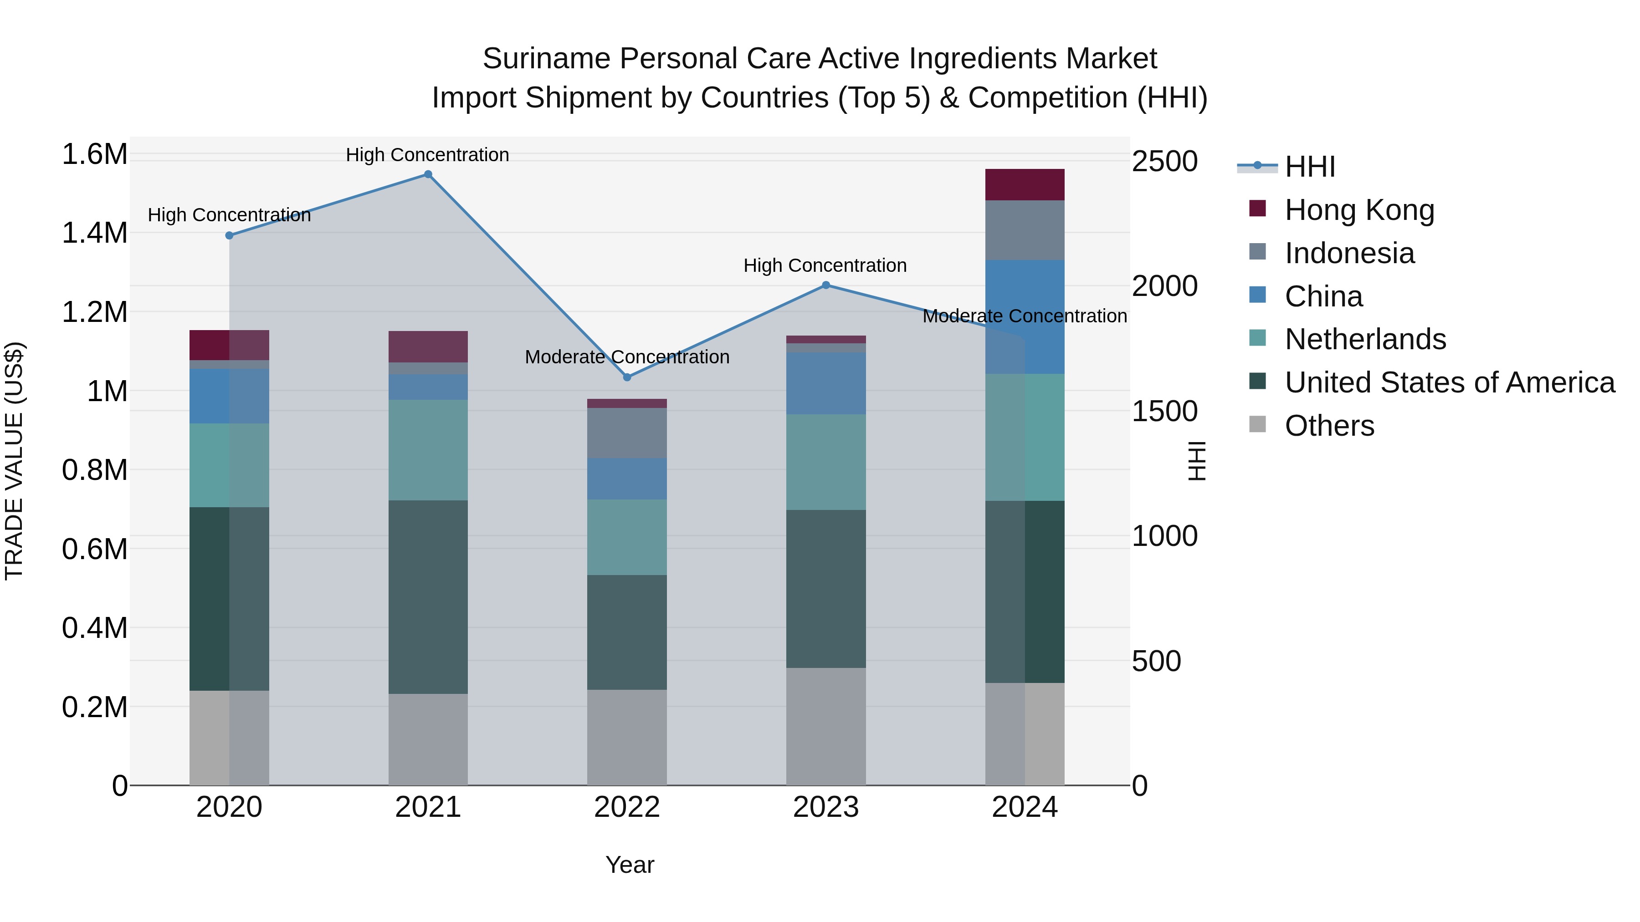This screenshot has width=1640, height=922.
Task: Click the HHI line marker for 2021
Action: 428,174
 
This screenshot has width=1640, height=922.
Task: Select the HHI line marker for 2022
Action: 627,377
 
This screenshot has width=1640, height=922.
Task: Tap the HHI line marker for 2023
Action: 826,285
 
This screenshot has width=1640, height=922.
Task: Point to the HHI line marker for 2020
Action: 229,235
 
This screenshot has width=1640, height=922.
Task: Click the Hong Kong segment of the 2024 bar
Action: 1025,184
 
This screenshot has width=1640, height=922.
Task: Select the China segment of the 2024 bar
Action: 1025,317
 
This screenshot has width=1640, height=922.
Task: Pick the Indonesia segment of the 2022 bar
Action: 627,433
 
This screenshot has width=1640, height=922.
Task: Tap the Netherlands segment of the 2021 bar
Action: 428,450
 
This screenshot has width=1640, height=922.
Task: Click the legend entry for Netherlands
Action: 1364,339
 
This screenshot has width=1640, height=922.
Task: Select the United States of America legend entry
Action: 1449,382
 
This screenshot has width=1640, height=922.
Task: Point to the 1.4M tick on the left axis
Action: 94,233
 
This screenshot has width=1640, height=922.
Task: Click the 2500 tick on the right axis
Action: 1164,161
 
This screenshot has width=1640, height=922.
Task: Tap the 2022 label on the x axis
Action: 627,807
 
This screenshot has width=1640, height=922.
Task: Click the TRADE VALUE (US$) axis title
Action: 14,461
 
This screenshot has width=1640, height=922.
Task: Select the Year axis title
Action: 630,865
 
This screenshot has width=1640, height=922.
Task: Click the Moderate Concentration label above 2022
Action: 627,357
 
